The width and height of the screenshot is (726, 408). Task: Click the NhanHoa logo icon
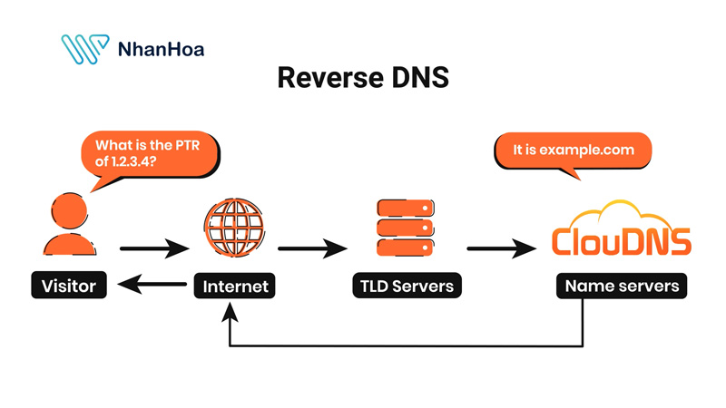(83, 49)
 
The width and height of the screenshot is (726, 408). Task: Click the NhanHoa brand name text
(161, 49)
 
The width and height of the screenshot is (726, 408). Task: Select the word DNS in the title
(418, 79)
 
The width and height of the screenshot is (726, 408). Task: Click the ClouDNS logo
(621, 241)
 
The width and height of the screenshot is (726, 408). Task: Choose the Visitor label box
(68, 287)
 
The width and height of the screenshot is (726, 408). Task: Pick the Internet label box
(235, 287)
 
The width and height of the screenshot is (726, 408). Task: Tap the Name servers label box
(622, 287)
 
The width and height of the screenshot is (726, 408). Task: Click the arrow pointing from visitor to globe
(150, 247)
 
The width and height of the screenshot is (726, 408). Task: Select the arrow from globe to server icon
(314, 247)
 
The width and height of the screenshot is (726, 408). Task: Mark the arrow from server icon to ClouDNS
(498, 247)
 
